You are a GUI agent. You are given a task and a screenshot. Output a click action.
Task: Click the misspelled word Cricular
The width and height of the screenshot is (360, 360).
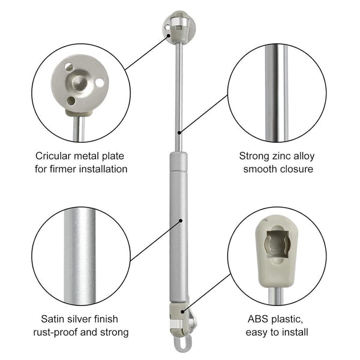[53, 156]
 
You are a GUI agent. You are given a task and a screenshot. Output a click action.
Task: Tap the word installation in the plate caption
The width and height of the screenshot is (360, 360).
[103, 169]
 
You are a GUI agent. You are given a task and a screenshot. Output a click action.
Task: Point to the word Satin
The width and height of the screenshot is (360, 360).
[52, 319]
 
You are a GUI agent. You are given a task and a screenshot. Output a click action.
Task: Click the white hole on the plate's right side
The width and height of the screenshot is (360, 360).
[100, 83]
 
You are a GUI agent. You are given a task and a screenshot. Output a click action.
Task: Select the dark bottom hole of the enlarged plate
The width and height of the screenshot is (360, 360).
[71, 101]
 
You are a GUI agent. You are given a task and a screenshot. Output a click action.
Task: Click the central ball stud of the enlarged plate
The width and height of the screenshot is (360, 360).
[79, 82]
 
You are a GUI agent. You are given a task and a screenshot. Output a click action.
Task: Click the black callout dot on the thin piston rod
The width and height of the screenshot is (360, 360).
[179, 133]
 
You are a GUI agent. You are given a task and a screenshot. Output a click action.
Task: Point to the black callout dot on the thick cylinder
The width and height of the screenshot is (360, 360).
[181, 221]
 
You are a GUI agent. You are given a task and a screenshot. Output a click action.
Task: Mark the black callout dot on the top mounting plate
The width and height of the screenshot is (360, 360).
[169, 35]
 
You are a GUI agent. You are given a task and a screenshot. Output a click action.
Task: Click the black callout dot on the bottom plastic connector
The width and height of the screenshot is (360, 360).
[182, 311]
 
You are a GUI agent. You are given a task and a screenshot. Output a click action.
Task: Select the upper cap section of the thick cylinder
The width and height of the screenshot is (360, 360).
[178, 161]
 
